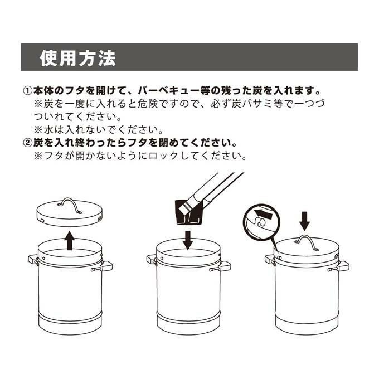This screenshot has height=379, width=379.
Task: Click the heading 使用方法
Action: click(x=78, y=58)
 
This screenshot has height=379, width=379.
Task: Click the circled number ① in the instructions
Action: click(x=27, y=91)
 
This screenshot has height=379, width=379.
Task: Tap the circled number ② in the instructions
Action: click(x=27, y=143)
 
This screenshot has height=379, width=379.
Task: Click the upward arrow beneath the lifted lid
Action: click(x=70, y=241)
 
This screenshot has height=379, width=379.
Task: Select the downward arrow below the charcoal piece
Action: click(x=188, y=240)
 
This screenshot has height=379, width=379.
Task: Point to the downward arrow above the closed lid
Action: click(x=304, y=221)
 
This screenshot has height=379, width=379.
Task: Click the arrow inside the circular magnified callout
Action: click(x=264, y=213)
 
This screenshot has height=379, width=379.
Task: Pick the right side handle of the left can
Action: click(x=103, y=266)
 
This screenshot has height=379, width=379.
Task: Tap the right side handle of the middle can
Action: click(x=221, y=266)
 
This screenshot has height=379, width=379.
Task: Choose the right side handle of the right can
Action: click(x=339, y=266)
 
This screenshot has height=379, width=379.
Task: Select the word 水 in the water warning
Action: click(x=48, y=130)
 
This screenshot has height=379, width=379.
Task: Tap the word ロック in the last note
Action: click(x=164, y=156)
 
